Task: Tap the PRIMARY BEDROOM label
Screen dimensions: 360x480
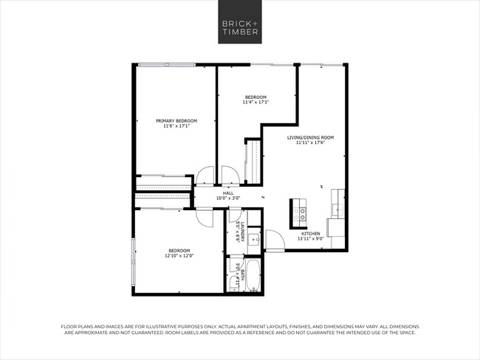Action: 176,120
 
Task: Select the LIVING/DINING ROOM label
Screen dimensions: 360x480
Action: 310,137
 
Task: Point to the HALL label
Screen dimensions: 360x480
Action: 228,193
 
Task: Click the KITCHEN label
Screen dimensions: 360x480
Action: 309,233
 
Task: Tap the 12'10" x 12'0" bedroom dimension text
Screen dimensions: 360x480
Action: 178,256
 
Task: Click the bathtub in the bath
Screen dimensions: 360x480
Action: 253,275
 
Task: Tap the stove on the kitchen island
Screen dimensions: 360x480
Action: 301,214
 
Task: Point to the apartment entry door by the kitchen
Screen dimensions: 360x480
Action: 274,240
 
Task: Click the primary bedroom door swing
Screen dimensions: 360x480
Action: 203,177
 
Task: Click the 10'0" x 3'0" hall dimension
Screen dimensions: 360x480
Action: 228,198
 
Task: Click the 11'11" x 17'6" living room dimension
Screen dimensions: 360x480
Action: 310,142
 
